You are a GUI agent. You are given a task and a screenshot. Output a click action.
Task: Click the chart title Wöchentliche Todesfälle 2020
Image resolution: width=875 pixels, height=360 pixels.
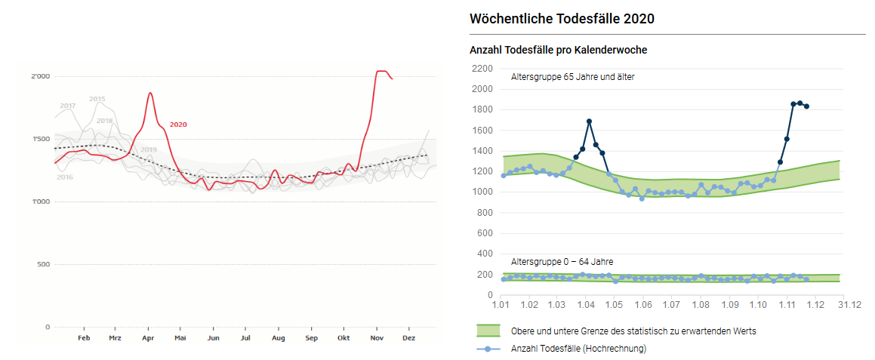click(x=562, y=19)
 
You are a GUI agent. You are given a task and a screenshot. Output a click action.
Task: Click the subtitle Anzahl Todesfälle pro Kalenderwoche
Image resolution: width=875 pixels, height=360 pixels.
click(x=558, y=50)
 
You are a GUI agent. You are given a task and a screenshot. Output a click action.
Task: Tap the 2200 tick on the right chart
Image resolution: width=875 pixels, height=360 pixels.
click(x=481, y=69)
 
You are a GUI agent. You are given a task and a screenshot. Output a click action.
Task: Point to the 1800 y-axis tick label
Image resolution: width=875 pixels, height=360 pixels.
click(x=481, y=109)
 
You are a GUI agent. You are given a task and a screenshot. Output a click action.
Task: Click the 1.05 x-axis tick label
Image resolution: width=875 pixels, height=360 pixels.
click(x=614, y=305)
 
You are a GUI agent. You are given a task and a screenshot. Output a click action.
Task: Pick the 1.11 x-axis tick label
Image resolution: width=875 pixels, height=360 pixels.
click(x=787, y=305)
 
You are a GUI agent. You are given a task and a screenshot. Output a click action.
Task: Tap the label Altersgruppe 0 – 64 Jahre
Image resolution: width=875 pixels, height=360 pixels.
click(x=562, y=261)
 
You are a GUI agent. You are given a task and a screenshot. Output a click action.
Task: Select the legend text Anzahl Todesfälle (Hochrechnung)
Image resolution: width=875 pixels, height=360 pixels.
click(x=578, y=349)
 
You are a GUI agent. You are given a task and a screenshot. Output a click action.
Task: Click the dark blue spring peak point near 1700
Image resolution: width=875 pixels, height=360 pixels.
click(x=589, y=122)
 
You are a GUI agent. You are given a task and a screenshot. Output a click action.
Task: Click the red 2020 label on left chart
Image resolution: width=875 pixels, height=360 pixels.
click(x=178, y=125)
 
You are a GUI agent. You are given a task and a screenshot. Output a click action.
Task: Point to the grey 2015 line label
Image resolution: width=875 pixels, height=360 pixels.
click(x=97, y=99)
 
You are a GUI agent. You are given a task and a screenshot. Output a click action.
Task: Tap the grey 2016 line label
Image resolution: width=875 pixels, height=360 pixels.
click(x=65, y=177)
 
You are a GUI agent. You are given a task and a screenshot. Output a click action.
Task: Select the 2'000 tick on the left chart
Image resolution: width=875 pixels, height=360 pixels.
click(x=41, y=76)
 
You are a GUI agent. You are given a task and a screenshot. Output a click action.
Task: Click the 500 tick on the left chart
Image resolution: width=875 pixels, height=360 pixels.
click(x=44, y=264)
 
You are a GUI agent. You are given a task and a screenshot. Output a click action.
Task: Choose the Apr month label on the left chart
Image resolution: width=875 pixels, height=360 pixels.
click(x=148, y=339)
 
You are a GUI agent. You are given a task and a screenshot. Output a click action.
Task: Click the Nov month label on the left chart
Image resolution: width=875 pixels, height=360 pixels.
click(x=377, y=339)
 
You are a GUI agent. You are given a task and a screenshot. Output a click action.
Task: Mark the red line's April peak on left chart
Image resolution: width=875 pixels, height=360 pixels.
click(x=150, y=93)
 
